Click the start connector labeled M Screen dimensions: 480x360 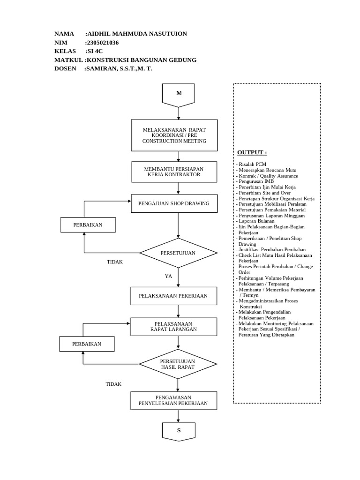178,94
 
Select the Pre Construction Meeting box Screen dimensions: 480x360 174,135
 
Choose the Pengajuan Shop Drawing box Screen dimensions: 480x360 174,203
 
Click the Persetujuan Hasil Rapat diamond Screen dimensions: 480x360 178,364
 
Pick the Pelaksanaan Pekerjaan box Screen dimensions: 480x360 173,296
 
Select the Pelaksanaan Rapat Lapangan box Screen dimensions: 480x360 173,326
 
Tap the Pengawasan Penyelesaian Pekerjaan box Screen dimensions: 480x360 173,400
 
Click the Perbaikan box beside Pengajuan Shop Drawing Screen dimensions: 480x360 88,225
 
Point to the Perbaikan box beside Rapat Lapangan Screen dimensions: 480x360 87,344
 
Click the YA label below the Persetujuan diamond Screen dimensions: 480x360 169,276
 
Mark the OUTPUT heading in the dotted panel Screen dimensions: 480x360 252,152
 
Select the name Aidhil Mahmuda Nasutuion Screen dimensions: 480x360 136,34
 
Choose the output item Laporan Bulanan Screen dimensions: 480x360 257,221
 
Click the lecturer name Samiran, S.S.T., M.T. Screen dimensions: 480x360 118,68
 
